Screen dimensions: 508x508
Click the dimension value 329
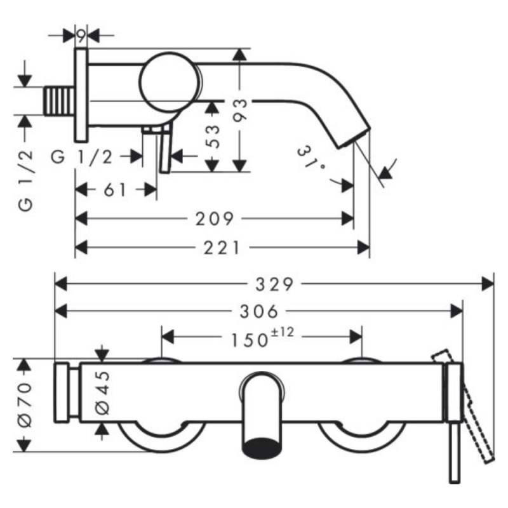pos(275,284)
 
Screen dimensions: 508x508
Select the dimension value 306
pos(260,311)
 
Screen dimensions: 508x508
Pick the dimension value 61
pos(114,190)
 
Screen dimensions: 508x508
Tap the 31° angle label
pos(312,159)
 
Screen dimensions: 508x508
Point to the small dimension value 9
pos(81,36)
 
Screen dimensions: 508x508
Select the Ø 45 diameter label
pos(102,394)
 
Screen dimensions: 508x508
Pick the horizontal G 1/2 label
pos(84,156)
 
